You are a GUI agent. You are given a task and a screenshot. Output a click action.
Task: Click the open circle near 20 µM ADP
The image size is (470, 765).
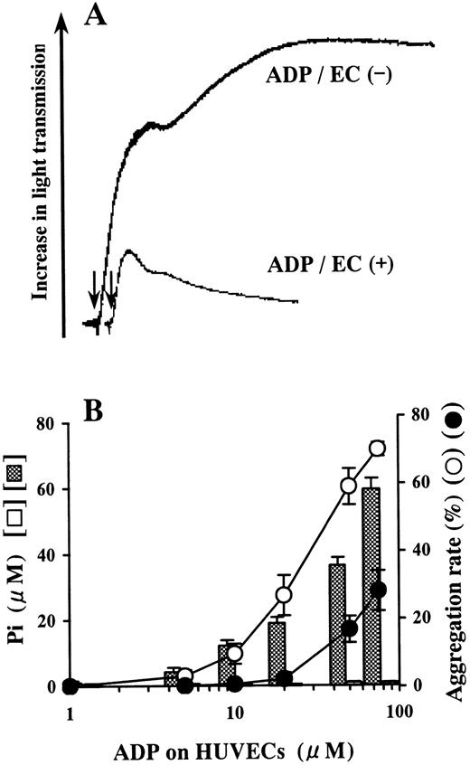point(284,595)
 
